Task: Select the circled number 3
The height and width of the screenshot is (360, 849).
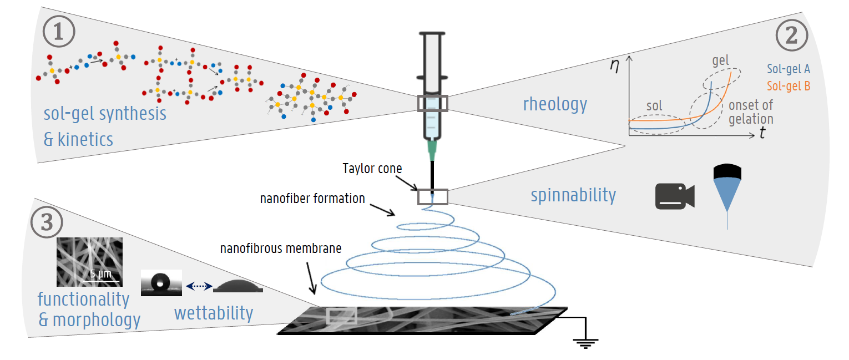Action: (47, 222)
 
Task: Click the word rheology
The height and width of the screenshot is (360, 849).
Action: (555, 103)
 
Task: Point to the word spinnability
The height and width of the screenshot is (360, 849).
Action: (573, 195)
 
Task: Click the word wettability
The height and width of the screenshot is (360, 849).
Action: (214, 313)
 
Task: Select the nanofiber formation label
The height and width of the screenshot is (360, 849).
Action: (312, 198)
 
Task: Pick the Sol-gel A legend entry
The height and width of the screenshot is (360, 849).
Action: (789, 69)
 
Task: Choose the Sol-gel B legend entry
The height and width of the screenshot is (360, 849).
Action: (789, 87)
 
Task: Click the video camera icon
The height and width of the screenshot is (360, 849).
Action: (674, 196)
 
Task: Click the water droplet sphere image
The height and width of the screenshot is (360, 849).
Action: (161, 281)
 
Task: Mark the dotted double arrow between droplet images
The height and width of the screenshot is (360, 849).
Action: (198, 286)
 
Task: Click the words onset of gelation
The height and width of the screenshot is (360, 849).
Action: (750, 112)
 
